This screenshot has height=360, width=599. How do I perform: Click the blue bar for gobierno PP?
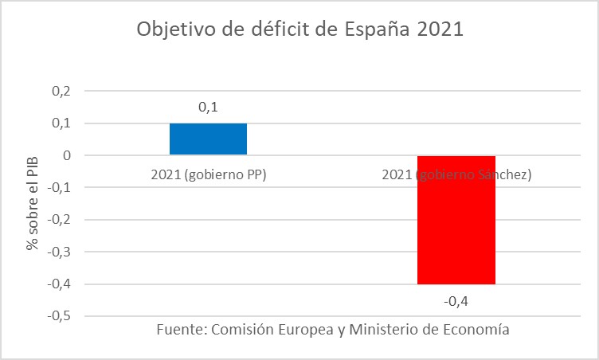[x=208, y=139]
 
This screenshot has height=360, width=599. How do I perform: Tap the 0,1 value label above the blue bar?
[x=208, y=107]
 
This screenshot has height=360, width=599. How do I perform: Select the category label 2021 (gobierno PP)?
[x=208, y=174]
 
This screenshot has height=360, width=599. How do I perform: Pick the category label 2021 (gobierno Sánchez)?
[x=456, y=174]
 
